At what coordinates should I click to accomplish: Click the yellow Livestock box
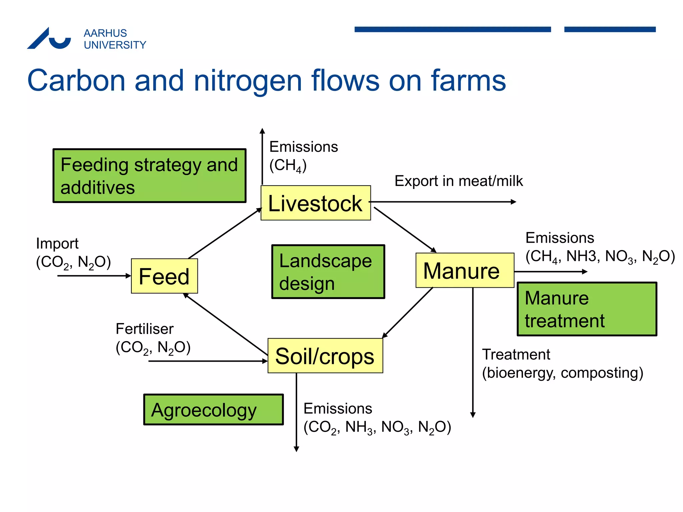tap(315, 203)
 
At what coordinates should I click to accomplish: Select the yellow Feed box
tap(164, 276)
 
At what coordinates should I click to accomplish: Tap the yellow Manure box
tap(465, 270)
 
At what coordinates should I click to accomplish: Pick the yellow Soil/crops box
tap(325, 356)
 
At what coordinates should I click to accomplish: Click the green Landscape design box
tap(328, 272)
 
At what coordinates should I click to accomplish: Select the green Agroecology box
tap(213, 410)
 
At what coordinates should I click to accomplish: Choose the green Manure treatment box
tap(587, 309)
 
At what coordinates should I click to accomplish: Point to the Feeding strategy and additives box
tap(149, 176)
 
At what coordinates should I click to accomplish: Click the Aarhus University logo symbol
tap(49, 39)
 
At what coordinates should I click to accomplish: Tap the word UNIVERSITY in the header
tap(115, 45)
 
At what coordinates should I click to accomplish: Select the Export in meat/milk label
tap(459, 181)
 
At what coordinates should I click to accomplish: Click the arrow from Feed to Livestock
tap(224, 234)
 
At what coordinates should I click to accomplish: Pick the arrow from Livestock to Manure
tap(405, 229)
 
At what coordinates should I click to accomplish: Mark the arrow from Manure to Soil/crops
tap(408, 313)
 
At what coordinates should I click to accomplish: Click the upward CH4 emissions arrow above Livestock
tap(262, 157)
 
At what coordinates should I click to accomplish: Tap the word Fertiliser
tap(144, 329)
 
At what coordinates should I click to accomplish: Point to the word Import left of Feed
tap(57, 244)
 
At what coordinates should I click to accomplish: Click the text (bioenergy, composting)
tap(563, 373)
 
